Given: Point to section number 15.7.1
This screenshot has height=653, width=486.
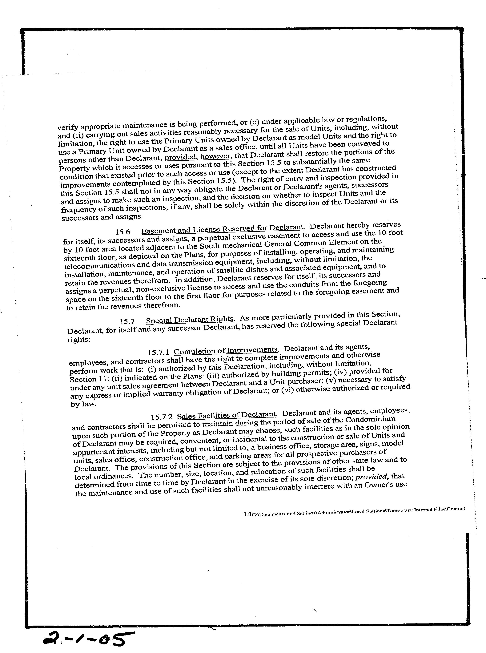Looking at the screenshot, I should (x=159, y=352).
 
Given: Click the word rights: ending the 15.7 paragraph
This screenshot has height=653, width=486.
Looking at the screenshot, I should (x=78, y=339).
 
